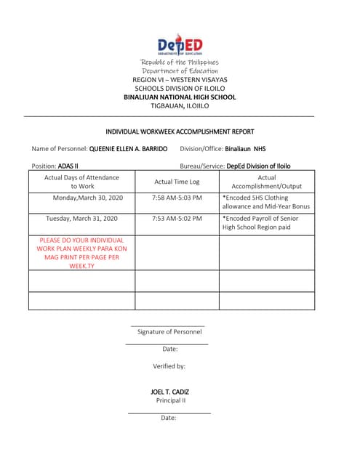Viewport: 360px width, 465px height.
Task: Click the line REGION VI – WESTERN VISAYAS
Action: (180, 79)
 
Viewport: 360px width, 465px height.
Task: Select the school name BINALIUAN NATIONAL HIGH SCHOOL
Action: (180, 97)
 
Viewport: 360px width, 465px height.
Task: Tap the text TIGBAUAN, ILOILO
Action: (180, 105)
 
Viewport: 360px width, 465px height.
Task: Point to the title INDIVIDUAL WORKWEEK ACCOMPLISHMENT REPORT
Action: (180, 132)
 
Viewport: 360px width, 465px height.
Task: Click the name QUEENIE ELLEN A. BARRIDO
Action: (128, 149)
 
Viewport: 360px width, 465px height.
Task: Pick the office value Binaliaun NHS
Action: (245, 149)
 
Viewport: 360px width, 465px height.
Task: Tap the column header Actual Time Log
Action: (177, 182)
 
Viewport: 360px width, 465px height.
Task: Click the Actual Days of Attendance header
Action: (81, 182)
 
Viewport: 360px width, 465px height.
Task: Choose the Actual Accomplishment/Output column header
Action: (266, 182)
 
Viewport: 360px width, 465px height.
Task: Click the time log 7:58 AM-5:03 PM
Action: (177, 198)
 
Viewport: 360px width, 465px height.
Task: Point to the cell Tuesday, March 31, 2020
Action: (81, 218)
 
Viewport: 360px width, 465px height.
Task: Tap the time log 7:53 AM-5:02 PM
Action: (177, 218)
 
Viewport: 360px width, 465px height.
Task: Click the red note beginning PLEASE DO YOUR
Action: (81, 253)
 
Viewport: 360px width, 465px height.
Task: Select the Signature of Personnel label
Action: (169, 331)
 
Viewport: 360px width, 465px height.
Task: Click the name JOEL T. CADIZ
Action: (169, 392)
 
